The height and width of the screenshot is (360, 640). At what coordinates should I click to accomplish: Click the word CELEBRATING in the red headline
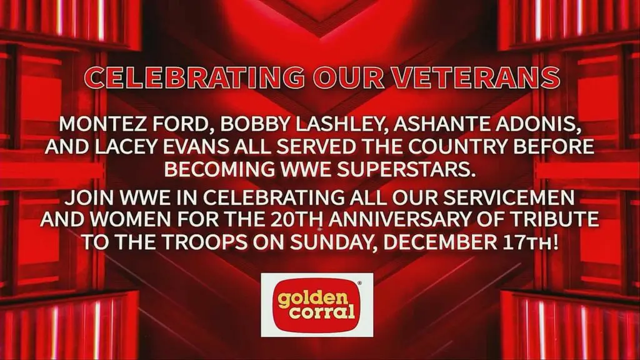(x=194, y=77)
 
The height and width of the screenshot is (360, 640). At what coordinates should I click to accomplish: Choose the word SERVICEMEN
(x=509, y=198)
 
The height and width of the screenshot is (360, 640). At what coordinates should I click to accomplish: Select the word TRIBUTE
(x=558, y=219)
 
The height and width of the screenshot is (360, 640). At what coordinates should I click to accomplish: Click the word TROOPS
(x=205, y=242)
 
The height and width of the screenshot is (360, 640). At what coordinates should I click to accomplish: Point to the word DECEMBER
(x=440, y=242)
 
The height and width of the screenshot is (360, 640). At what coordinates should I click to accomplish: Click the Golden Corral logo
(x=317, y=305)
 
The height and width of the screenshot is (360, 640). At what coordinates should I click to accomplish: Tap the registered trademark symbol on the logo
(x=359, y=283)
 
